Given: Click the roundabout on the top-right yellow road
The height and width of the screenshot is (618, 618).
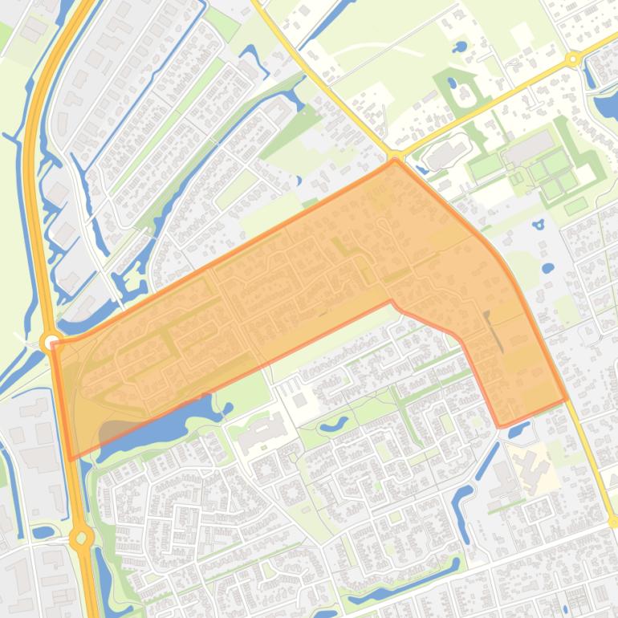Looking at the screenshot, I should click(572, 59).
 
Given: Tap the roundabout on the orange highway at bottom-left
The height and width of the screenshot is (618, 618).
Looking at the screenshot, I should click(82, 538).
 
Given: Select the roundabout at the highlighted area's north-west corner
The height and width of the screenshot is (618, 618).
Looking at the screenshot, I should click(50, 343).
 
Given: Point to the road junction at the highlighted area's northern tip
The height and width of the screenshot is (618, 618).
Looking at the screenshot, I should click(395, 157).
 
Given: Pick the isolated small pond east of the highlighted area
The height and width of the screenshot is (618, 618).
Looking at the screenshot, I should click(547, 267).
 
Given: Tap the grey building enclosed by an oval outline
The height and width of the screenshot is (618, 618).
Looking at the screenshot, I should click(446, 154).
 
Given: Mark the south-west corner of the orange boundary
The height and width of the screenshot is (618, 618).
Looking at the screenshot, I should click(71, 459).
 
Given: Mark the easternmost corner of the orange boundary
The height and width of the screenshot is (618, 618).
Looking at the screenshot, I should click(567, 398).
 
